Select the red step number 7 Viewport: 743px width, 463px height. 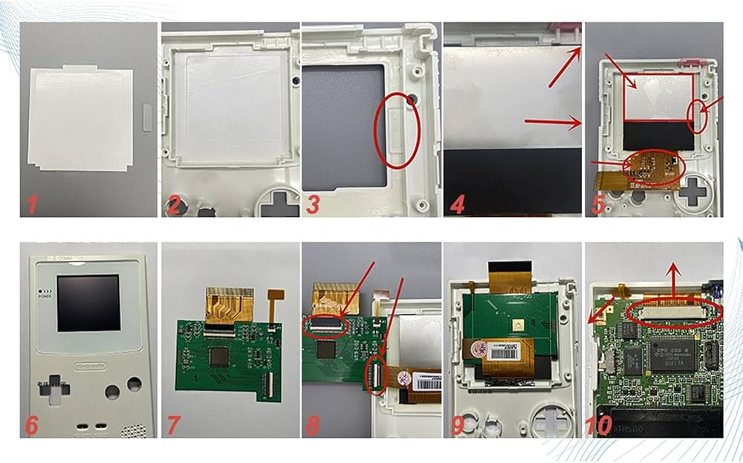173,424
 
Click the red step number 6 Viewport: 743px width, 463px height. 32,424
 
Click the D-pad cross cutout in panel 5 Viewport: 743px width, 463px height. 694,192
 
